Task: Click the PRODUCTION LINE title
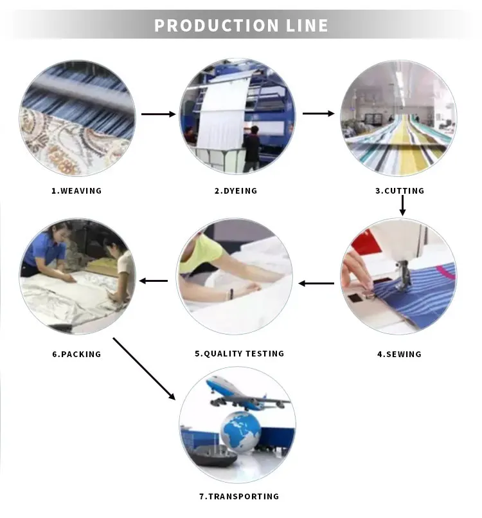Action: click(241, 26)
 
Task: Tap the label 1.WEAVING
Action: click(76, 190)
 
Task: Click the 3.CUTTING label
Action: click(400, 190)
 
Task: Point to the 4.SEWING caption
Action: click(399, 354)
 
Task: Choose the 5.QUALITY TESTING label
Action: click(239, 353)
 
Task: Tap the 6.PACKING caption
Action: click(76, 354)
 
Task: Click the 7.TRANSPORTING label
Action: click(239, 496)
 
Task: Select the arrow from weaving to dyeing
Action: click(158, 114)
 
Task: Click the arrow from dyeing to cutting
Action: click(319, 114)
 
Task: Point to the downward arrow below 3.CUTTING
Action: click(402, 205)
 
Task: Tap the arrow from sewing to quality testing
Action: click(316, 282)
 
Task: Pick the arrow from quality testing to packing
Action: click(154, 281)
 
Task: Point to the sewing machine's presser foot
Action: click(404, 283)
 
